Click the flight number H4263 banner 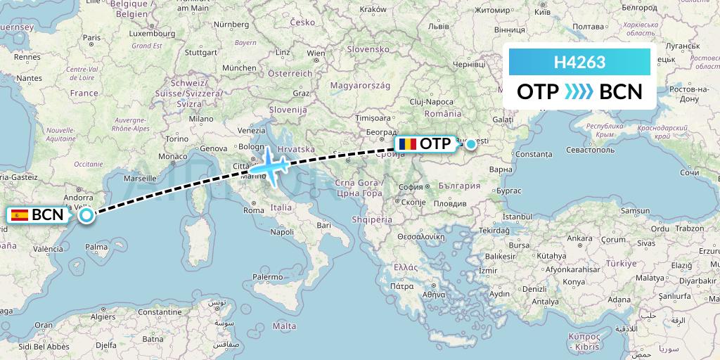(x=580, y=63)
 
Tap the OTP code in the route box (x=539, y=92)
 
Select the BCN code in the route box (x=620, y=92)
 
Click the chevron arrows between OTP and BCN (x=579, y=92)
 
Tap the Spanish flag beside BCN (x=20, y=215)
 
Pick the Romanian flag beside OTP (x=406, y=144)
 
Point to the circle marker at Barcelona (x=86, y=215)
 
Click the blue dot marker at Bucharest (x=471, y=143)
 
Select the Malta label (x=284, y=326)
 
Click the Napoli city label (x=282, y=231)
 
